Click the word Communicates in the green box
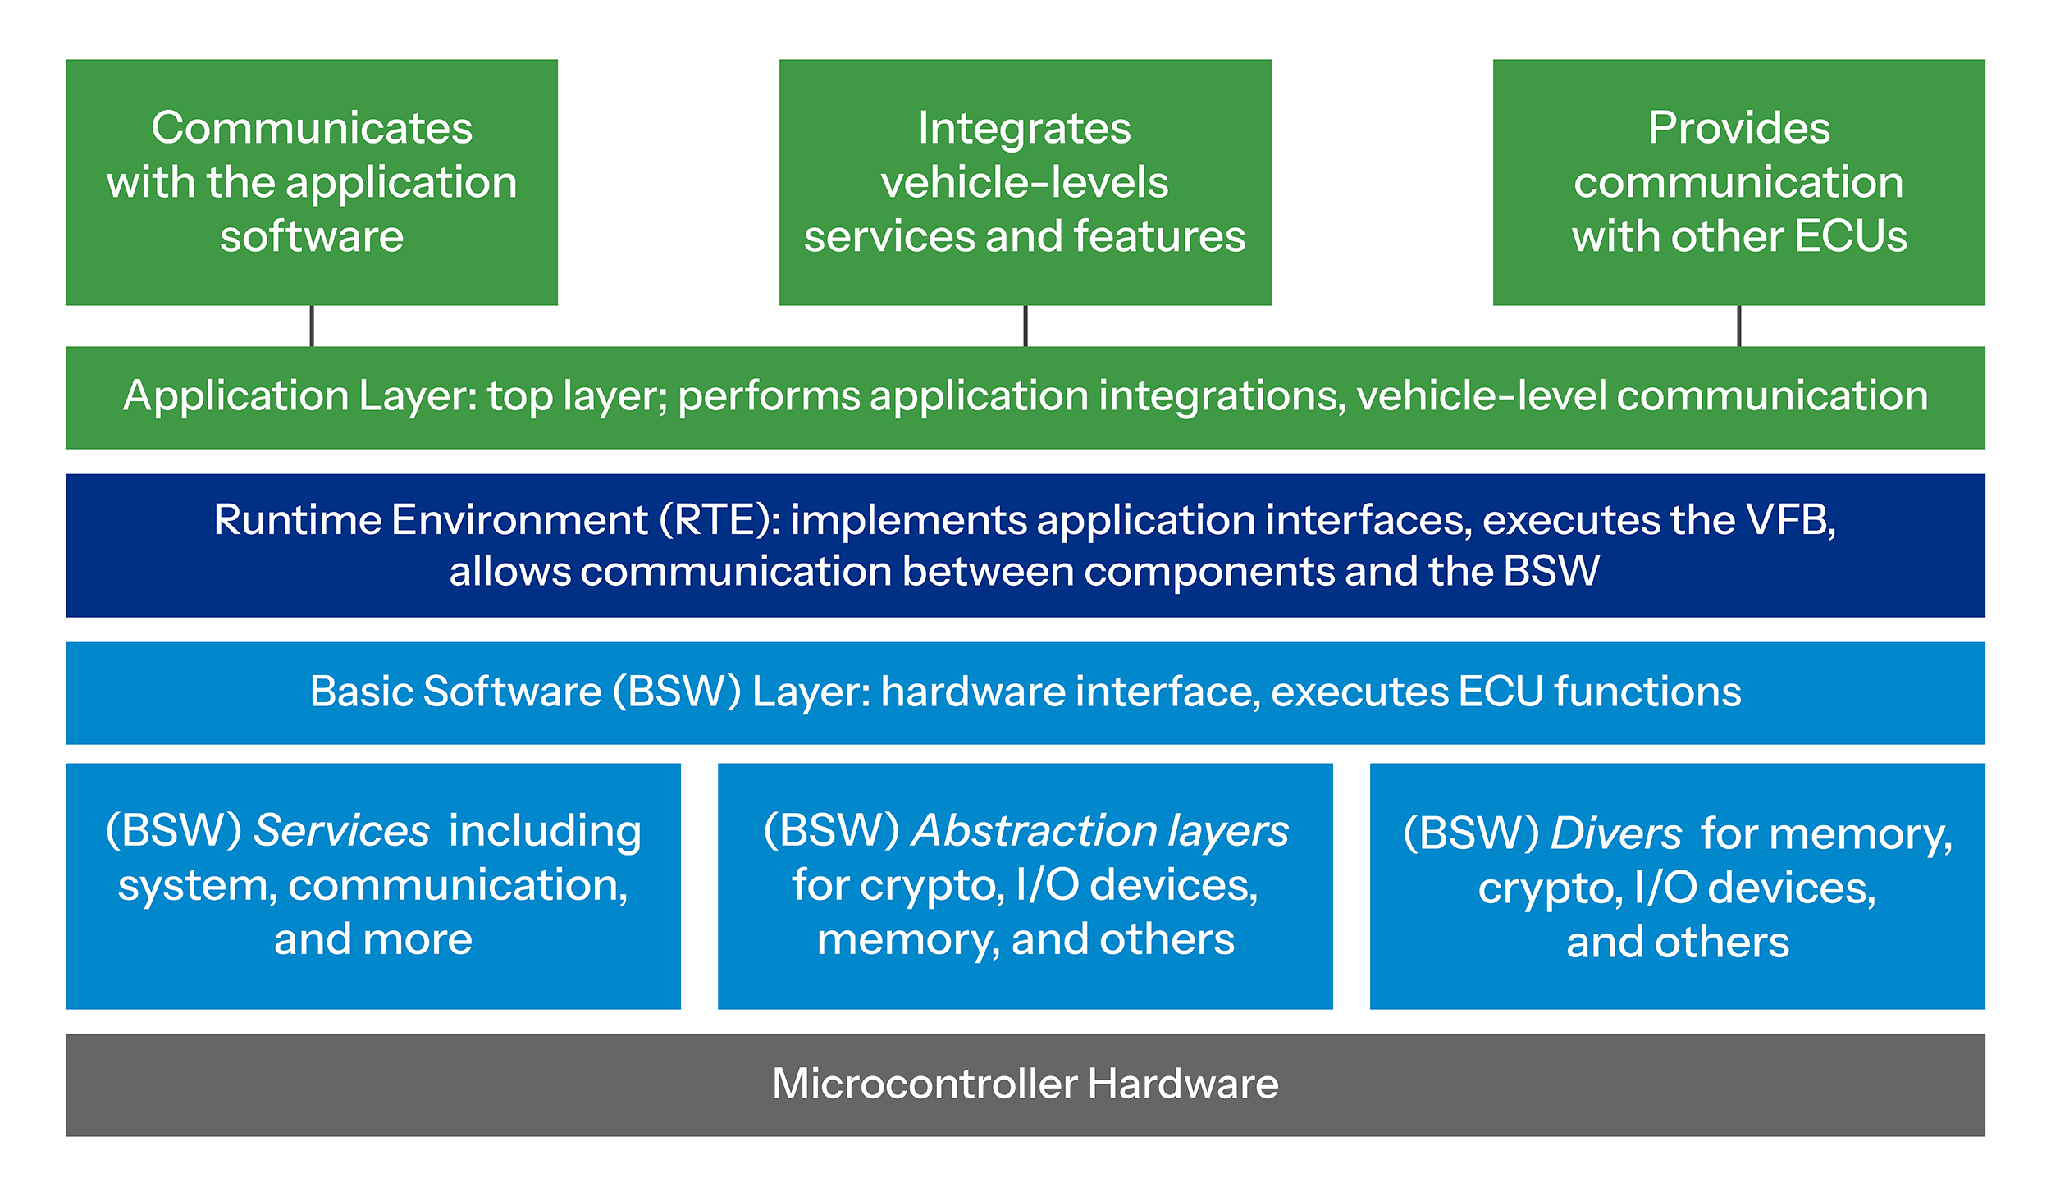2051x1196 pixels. tap(312, 128)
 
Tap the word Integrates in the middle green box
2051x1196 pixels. tap(1024, 128)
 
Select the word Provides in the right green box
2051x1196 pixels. tap(1738, 128)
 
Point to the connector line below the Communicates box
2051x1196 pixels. tap(312, 326)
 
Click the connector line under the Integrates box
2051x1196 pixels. tap(1025, 326)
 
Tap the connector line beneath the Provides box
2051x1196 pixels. tap(1738, 326)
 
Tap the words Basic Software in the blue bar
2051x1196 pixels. tap(455, 692)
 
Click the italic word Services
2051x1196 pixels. tap(341, 831)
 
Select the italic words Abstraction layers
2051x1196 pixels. tap(1099, 831)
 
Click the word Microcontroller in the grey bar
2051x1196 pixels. tap(925, 1084)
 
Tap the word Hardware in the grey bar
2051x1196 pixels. tap(1183, 1084)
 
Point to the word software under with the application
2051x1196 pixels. tap(312, 236)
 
